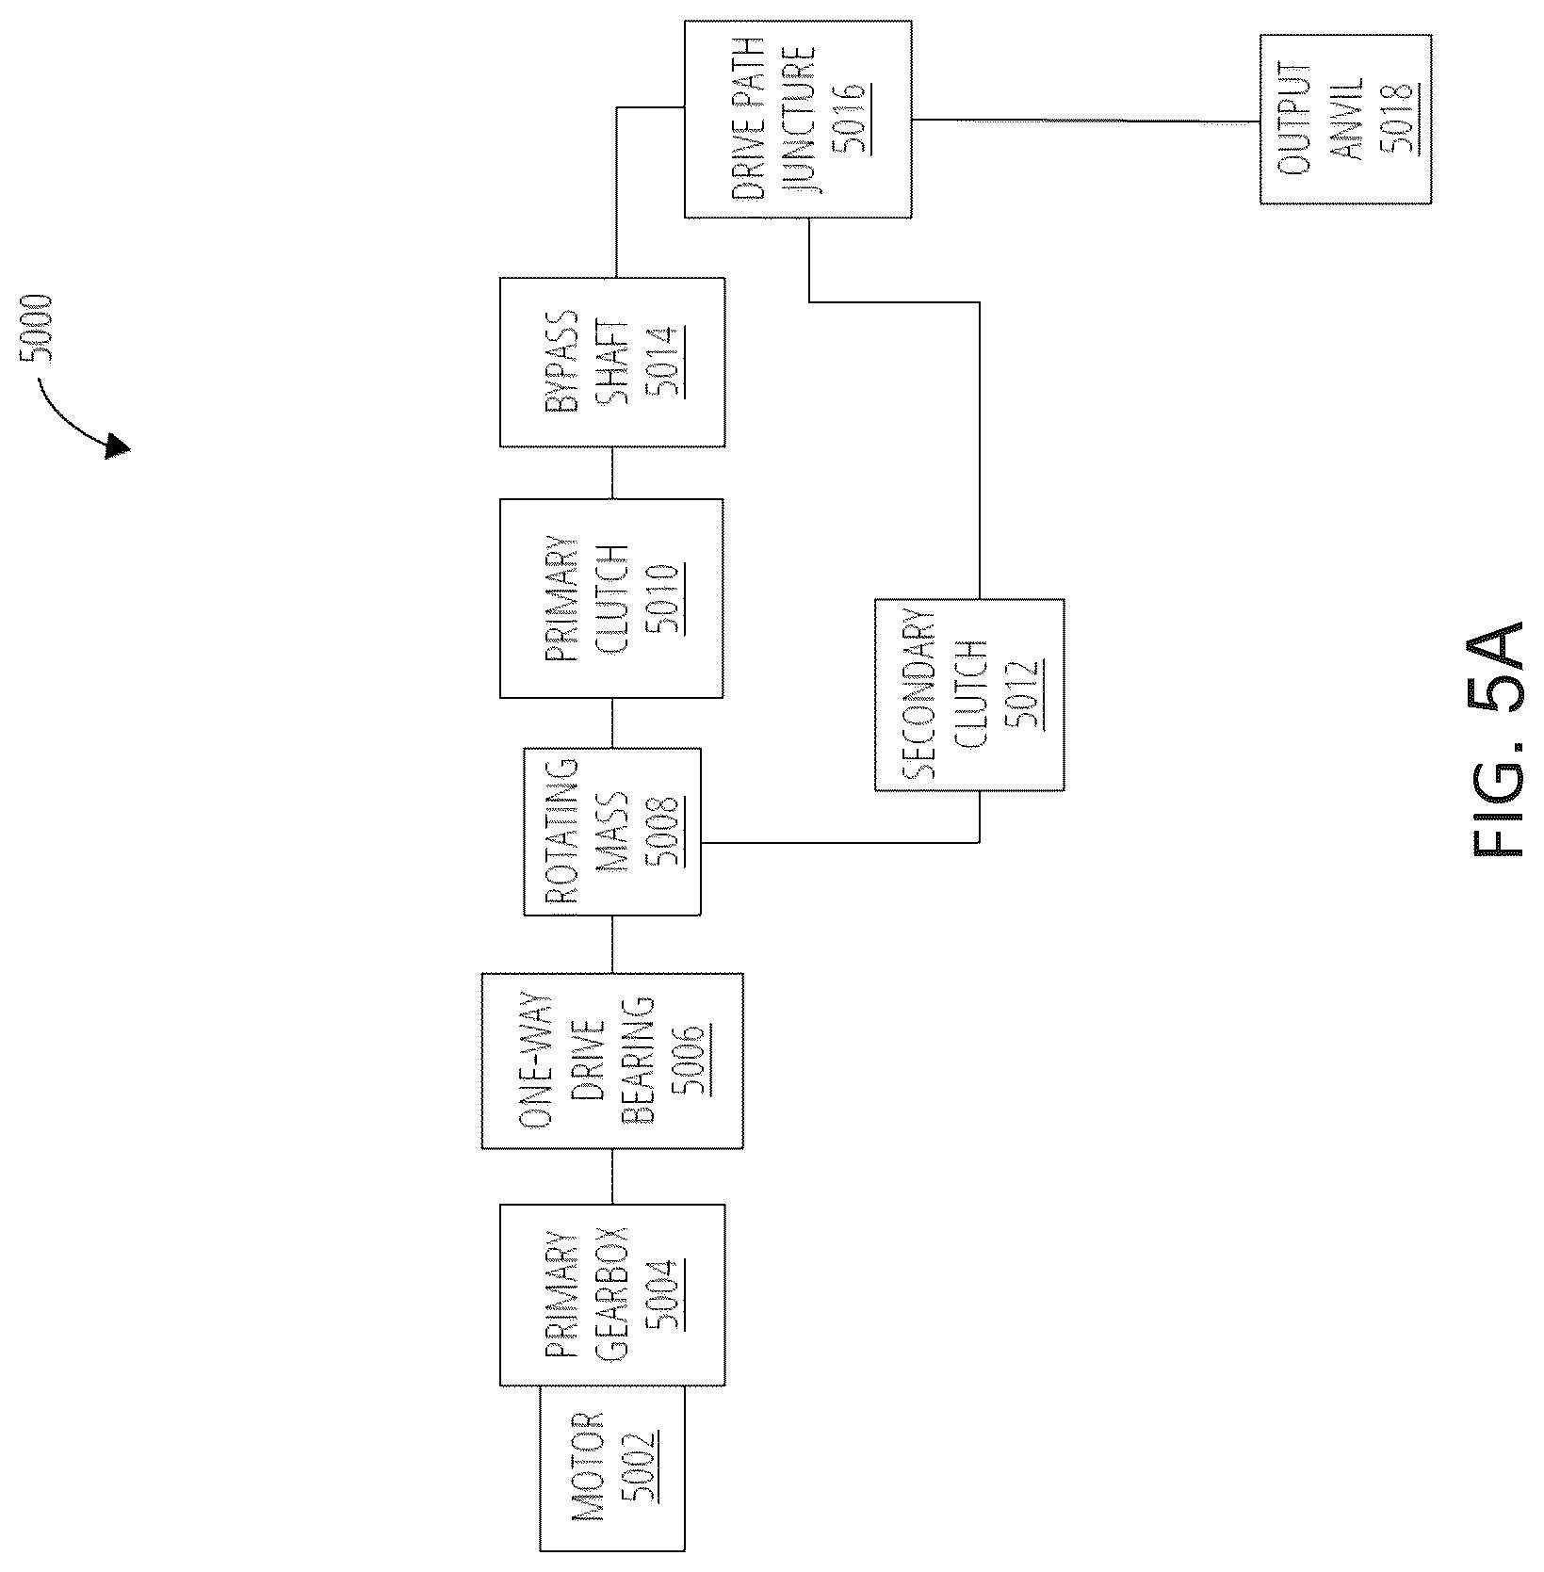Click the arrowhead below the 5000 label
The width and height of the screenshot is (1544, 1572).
[117, 446]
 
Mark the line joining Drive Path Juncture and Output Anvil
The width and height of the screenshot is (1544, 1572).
[1086, 121]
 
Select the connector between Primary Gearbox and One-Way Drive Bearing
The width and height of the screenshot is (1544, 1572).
[612, 1176]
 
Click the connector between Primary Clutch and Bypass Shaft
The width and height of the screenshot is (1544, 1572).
[612, 473]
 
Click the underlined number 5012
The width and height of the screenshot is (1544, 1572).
[1025, 695]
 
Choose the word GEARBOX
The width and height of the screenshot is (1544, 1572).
[613, 1295]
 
